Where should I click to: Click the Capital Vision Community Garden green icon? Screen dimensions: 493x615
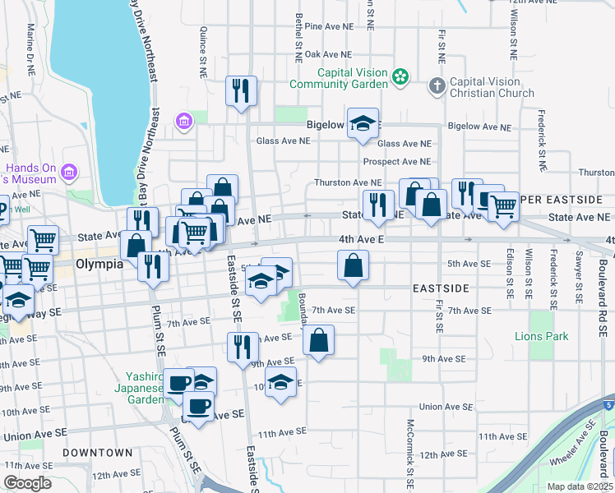tap(400, 77)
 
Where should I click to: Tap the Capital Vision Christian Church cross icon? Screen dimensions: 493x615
tap(437, 85)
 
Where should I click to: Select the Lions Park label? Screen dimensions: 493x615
tap(541, 337)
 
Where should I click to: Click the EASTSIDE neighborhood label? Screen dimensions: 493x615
tap(441, 289)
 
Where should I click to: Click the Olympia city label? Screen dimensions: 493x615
tap(99, 265)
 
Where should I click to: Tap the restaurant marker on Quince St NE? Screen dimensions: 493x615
tap(241, 90)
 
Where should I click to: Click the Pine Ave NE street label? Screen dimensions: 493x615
tap(328, 26)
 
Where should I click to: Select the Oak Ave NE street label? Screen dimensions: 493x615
tap(328, 54)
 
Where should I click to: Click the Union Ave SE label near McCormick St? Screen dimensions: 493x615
tap(443, 407)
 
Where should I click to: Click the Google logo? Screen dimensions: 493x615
tap(28, 483)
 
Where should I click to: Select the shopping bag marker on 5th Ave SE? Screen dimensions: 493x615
tap(353, 265)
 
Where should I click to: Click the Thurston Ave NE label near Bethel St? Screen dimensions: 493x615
tap(347, 183)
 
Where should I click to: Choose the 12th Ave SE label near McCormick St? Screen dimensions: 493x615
tap(443, 454)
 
